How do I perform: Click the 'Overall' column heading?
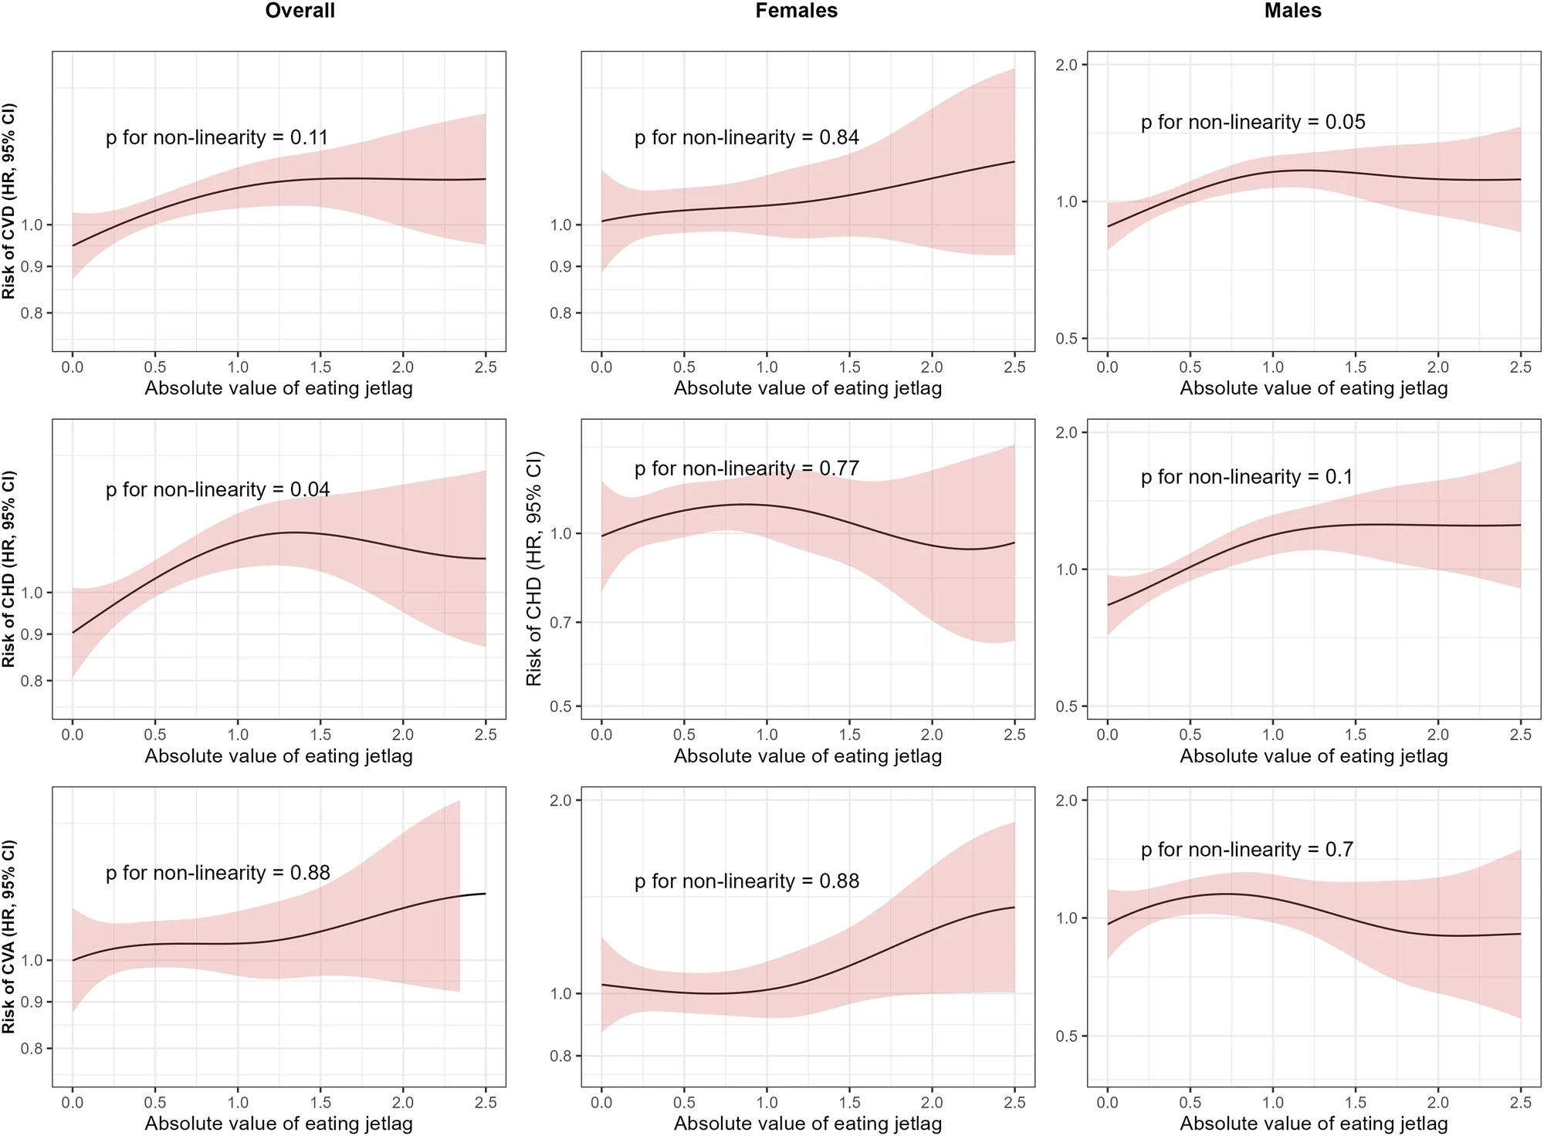pos(300,11)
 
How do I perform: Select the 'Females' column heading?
pos(796,11)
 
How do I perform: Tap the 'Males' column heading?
pos(1293,11)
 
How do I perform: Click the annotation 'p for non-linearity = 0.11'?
pos(217,138)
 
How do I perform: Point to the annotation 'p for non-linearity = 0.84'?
pos(747,138)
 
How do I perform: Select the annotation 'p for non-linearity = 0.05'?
pos(1253,123)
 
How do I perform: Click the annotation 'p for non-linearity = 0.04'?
pos(218,490)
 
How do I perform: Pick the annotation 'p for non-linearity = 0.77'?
pos(747,469)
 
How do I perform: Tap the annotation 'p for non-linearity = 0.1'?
pos(1247,478)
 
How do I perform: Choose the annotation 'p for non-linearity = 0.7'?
pos(1247,850)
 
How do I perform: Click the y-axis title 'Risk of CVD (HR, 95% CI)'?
pos(9,201)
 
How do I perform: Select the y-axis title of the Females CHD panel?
pos(533,569)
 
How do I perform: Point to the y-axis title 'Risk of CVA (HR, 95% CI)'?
pos(9,937)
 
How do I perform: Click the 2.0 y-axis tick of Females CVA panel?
pos(561,801)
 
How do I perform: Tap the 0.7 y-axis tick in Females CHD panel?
pos(561,623)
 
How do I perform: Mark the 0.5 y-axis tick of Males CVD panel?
pos(1067,339)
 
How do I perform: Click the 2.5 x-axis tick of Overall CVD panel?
pos(486,367)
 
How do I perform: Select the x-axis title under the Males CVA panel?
pos(1314,1124)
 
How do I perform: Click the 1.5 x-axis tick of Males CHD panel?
pos(1356,735)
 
